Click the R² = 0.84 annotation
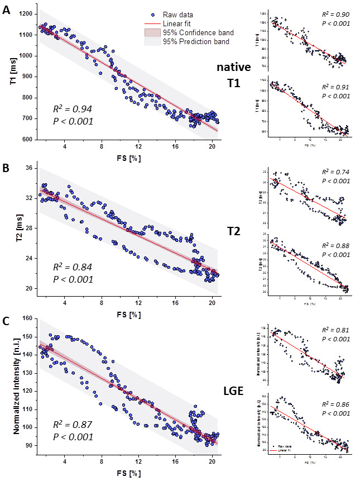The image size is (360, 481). (71, 266)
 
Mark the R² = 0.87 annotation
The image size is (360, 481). (71, 425)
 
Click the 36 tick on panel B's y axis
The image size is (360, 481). (29, 168)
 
